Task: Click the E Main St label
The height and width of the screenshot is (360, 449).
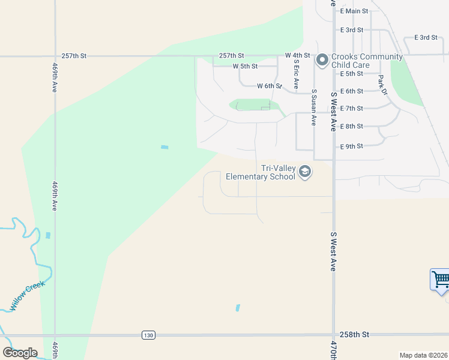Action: click(x=354, y=11)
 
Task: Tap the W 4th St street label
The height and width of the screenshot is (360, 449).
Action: click(x=297, y=55)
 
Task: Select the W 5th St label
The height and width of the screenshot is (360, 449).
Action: click(x=245, y=66)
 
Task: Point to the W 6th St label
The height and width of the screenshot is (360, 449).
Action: click(x=270, y=86)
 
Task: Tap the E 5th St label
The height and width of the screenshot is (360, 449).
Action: click(x=351, y=74)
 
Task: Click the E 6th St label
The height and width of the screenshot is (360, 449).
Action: click(x=351, y=91)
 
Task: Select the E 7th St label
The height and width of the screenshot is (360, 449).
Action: click(x=351, y=109)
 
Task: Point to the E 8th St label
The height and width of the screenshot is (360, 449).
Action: click(x=351, y=127)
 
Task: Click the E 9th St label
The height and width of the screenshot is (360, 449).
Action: click(x=351, y=146)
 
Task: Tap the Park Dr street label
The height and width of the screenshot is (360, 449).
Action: click(x=382, y=85)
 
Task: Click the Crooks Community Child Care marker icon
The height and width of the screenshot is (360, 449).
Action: click(x=322, y=59)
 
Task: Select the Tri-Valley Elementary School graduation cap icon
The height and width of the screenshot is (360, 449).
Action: click(x=305, y=173)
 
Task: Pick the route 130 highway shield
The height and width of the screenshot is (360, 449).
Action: click(x=148, y=335)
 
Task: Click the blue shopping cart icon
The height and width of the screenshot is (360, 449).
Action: click(x=440, y=279)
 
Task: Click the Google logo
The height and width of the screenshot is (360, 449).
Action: click(x=20, y=353)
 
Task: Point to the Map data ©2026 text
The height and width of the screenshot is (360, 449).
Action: click(x=423, y=355)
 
